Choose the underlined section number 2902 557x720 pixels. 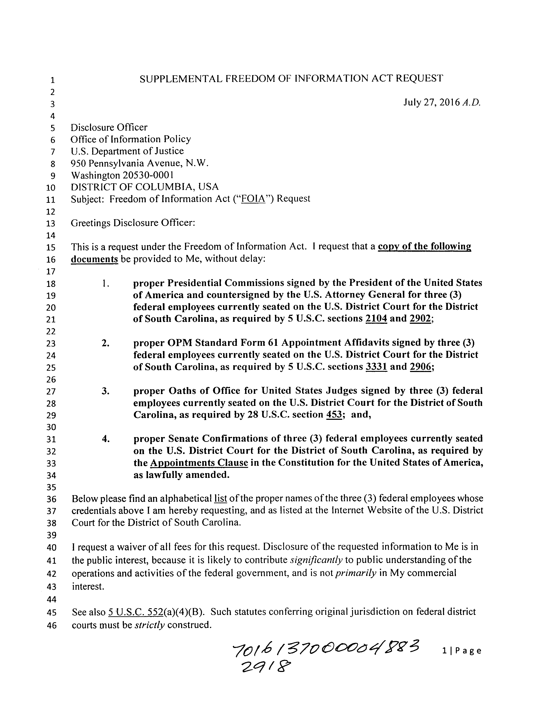[420, 319]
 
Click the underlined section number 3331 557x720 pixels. [376, 367]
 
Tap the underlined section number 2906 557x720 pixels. [420, 367]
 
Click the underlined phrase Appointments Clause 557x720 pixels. [199, 463]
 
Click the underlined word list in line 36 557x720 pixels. [220, 498]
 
